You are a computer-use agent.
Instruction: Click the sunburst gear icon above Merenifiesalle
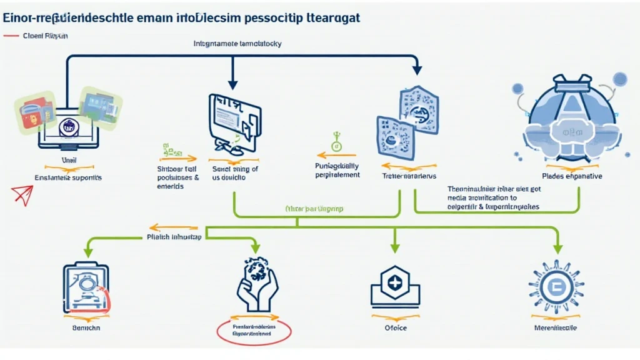click(x=556, y=287)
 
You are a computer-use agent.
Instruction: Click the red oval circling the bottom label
click(x=254, y=331)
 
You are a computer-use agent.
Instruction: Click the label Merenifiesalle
click(x=556, y=327)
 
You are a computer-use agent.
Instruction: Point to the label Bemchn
click(x=86, y=327)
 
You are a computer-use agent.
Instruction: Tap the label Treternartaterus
click(x=409, y=177)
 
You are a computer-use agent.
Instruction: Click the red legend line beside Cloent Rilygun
click(x=11, y=36)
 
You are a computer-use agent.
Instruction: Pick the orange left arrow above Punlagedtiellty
click(x=331, y=154)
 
